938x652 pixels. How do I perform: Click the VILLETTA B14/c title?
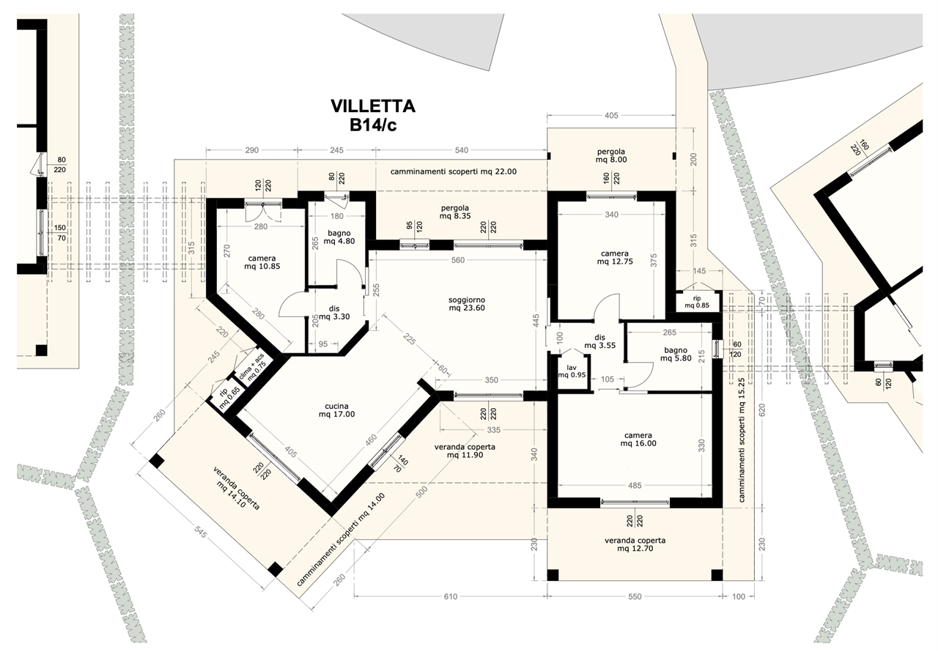coord(373,115)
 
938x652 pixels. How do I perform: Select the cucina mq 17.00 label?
coord(336,410)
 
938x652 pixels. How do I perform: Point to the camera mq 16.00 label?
coord(638,440)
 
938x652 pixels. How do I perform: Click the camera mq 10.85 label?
coord(262,262)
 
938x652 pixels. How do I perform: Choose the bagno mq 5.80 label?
coord(676,354)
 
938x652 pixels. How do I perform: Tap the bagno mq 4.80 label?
coord(339,237)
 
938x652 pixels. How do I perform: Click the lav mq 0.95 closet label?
coord(572,371)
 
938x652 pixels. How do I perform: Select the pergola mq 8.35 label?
coord(454,212)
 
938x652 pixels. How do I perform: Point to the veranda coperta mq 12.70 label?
coord(635,544)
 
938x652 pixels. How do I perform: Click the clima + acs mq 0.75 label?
coord(253,371)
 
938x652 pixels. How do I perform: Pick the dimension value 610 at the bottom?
coord(451,596)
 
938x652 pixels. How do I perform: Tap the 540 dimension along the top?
coord(462,150)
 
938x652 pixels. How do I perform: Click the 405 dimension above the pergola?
coord(611,116)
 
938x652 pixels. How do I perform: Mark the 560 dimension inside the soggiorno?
coord(458,260)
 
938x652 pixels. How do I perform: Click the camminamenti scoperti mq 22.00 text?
coord(454,171)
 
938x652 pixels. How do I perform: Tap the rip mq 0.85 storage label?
coord(697,302)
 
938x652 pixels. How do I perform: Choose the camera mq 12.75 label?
coord(615,257)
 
